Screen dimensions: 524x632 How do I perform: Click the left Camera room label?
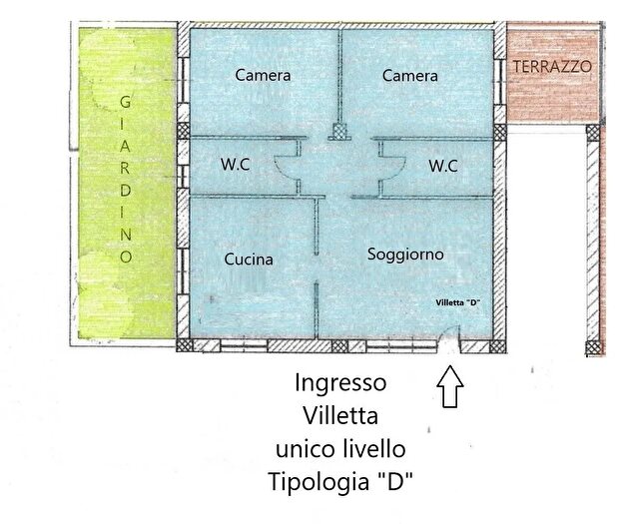[x=263, y=75]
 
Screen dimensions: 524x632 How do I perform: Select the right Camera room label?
[x=409, y=75]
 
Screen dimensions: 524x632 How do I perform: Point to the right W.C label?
[x=442, y=166]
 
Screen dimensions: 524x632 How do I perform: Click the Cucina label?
[x=249, y=259]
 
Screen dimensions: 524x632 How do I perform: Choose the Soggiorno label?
[x=405, y=255]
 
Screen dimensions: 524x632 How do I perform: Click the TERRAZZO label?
[x=552, y=66]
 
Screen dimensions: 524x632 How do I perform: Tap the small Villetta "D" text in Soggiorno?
[x=457, y=301]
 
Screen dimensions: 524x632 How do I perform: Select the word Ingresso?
[x=340, y=382]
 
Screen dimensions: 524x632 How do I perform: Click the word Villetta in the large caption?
[x=340, y=414]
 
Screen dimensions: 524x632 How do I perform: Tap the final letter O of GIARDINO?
[x=125, y=257]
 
